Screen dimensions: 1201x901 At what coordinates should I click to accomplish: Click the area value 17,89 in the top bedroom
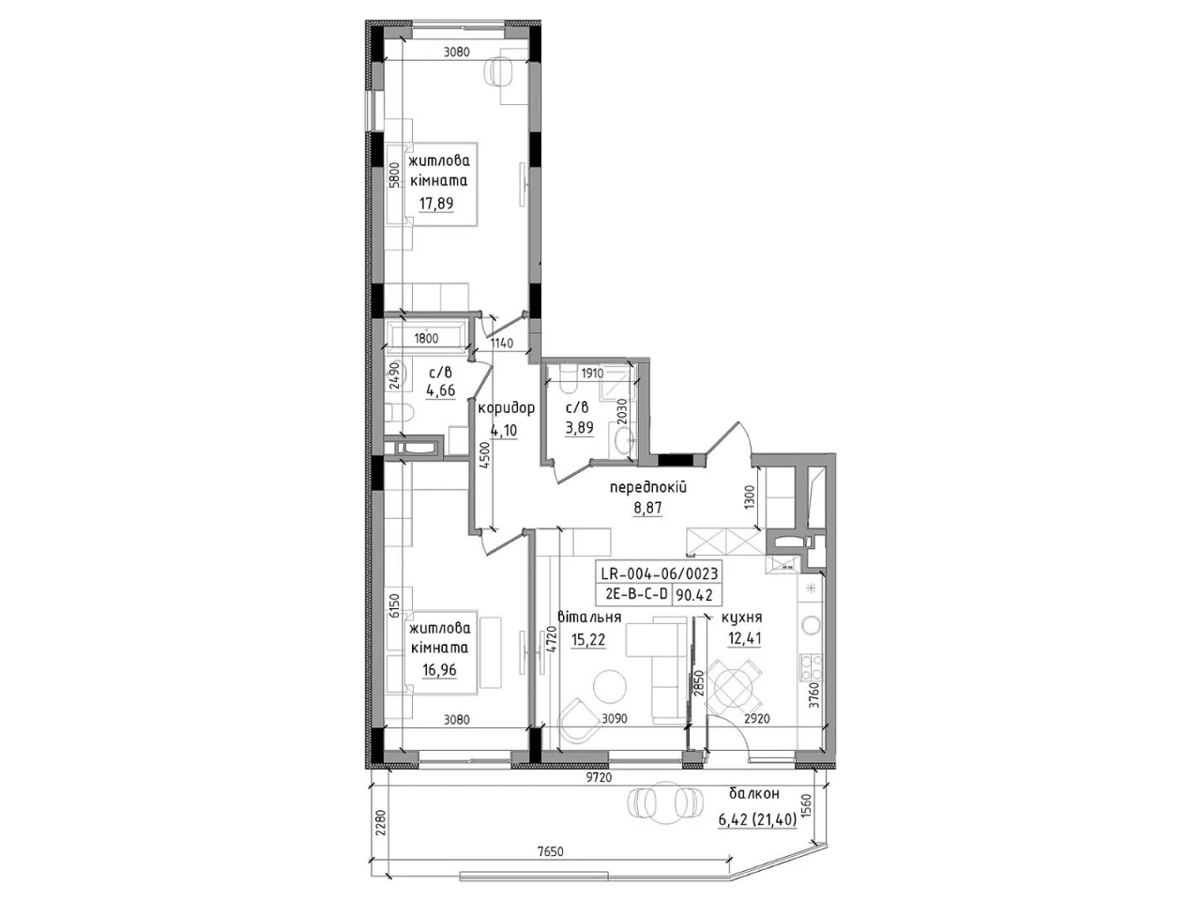click(x=436, y=204)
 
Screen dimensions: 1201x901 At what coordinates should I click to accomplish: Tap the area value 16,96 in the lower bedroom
click(x=439, y=670)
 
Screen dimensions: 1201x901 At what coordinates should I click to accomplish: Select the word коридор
click(x=506, y=407)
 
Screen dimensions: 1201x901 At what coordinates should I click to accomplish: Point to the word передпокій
click(x=648, y=487)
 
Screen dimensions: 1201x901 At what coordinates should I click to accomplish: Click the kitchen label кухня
click(x=742, y=618)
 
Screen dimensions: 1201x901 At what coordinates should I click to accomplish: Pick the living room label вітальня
click(x=589, y=617)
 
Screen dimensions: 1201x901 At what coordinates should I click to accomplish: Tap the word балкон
click(x=754, y=793)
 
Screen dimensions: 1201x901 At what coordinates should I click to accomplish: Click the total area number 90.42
click(x=694, y=595)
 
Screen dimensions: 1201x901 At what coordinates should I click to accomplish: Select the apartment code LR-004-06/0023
click(x=659, y=573)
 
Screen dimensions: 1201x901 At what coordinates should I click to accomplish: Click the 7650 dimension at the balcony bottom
click(x=550, y=852)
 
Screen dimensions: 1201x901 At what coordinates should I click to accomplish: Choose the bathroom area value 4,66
click(x=440, y=390)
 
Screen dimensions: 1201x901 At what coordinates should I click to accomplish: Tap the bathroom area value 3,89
click(x=579, y=427)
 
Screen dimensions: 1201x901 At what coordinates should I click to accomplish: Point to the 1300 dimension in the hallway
click(x=750, y=497)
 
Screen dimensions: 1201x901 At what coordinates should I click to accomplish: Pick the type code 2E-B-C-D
click(x=637, y=595)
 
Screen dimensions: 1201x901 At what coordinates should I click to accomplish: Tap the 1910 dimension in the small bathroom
click(x=592, y=374)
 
